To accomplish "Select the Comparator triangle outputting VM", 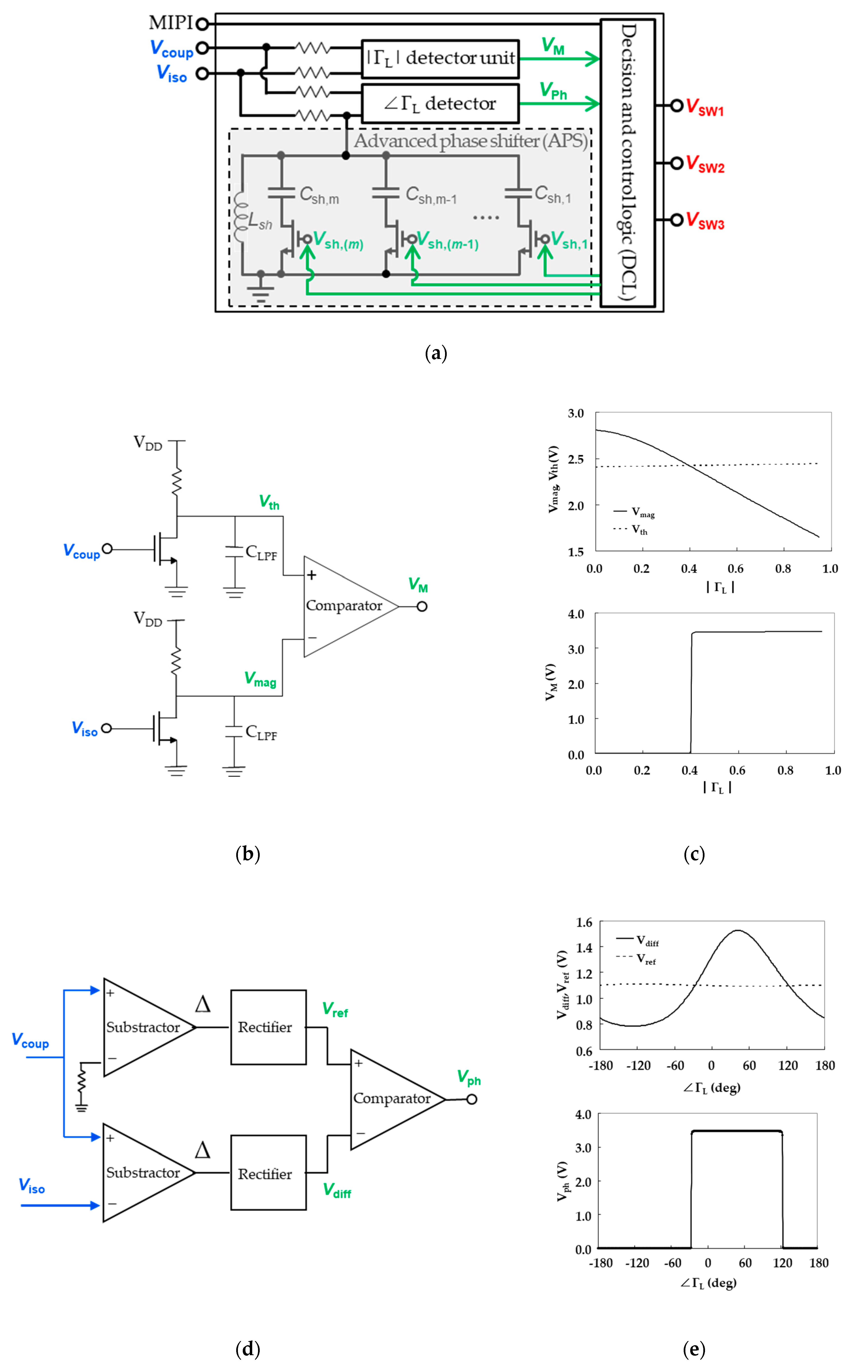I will [x=345, y=606].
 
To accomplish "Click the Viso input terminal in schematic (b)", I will [x=106, y=728].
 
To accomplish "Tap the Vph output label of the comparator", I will [x=469, y=1077].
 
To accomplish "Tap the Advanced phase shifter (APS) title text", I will [x=470, y=141].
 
